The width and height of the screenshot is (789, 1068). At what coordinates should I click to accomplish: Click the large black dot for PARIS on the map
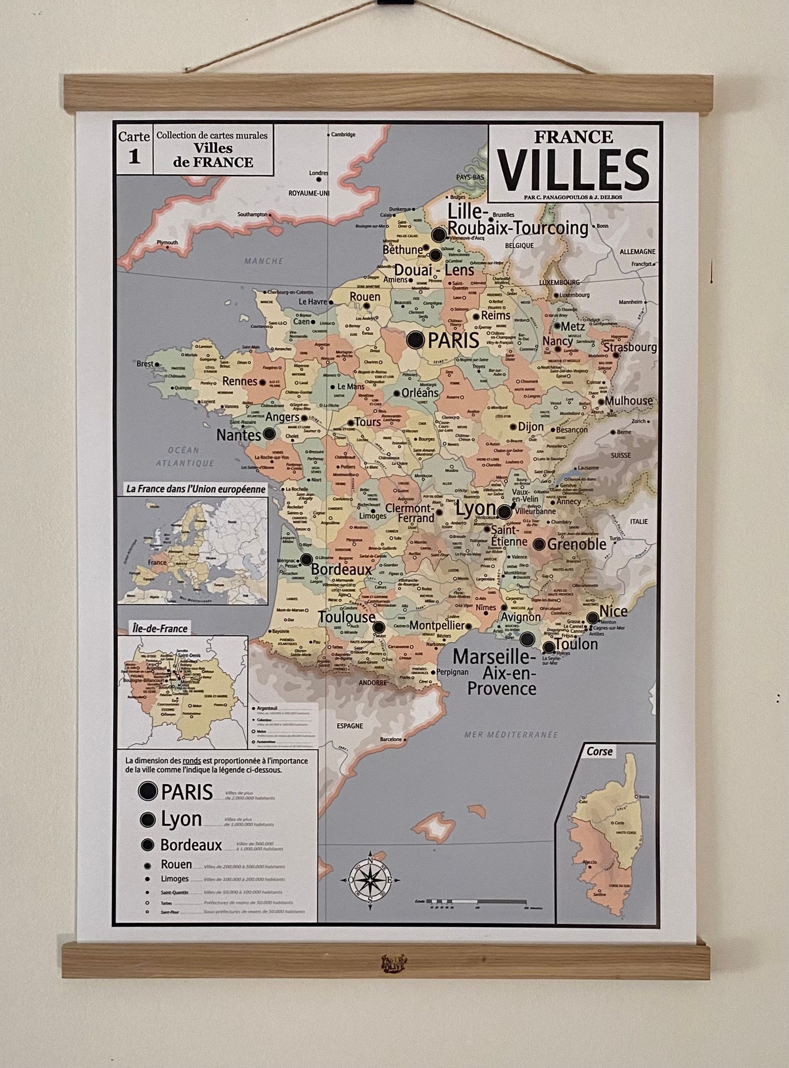415,340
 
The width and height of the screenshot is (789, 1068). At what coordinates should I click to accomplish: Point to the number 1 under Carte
134,157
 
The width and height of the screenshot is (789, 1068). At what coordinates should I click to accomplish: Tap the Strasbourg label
630,347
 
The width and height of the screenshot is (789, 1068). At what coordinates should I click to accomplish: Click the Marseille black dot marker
528,638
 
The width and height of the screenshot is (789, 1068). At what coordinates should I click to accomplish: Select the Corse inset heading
599,751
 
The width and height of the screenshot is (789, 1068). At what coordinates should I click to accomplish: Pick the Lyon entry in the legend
181,819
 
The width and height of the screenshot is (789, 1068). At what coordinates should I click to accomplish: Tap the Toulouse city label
346,617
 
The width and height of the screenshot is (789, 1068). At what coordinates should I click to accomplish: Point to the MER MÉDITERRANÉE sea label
511,735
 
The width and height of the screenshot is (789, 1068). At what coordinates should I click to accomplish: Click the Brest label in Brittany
145,364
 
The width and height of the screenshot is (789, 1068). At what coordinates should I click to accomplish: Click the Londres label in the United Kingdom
318,173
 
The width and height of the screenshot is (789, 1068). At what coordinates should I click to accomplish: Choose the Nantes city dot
269,434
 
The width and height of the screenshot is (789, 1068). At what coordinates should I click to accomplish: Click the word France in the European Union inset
157,563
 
